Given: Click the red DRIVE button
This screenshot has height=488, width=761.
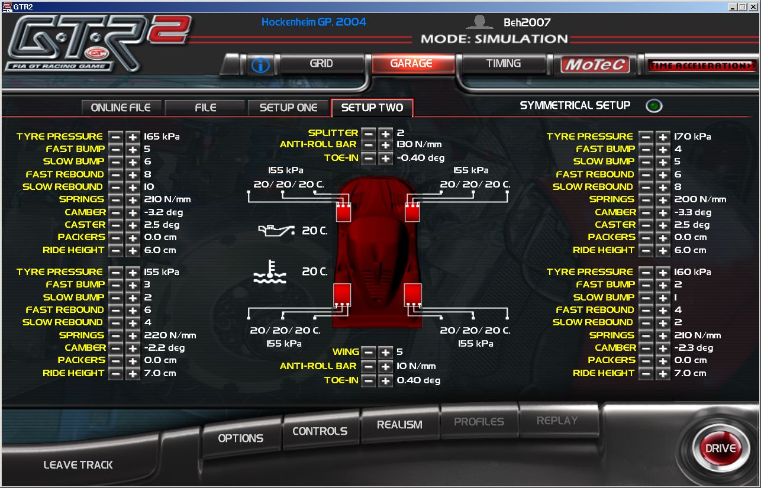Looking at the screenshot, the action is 721,448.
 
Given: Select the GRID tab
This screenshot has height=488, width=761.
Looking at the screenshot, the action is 321,63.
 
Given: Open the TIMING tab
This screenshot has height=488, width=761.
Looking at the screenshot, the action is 503,63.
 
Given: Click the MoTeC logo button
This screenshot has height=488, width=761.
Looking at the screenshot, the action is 595,64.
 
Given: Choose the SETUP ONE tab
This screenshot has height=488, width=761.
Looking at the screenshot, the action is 288,108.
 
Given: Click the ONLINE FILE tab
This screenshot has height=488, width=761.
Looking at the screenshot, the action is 121,108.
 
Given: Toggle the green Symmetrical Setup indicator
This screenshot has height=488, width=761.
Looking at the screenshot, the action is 654,106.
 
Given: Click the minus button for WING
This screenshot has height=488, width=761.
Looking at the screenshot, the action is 368,352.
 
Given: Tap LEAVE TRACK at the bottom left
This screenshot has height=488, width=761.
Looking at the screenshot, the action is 78,464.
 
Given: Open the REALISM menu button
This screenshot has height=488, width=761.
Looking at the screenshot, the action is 399,425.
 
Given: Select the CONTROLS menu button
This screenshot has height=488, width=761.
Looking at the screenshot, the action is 320,431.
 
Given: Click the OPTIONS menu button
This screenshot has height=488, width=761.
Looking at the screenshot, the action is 240,438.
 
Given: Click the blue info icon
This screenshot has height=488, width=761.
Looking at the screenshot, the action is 260,65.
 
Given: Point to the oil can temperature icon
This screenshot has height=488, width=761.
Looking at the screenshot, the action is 276,231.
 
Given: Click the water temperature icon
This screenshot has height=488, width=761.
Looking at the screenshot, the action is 270,272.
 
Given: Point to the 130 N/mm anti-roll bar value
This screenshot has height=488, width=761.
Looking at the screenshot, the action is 419,144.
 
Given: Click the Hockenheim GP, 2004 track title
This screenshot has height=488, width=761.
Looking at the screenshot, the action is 314,22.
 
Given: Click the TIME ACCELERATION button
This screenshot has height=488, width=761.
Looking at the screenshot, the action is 702,65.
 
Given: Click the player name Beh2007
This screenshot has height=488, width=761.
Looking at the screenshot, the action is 527,22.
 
